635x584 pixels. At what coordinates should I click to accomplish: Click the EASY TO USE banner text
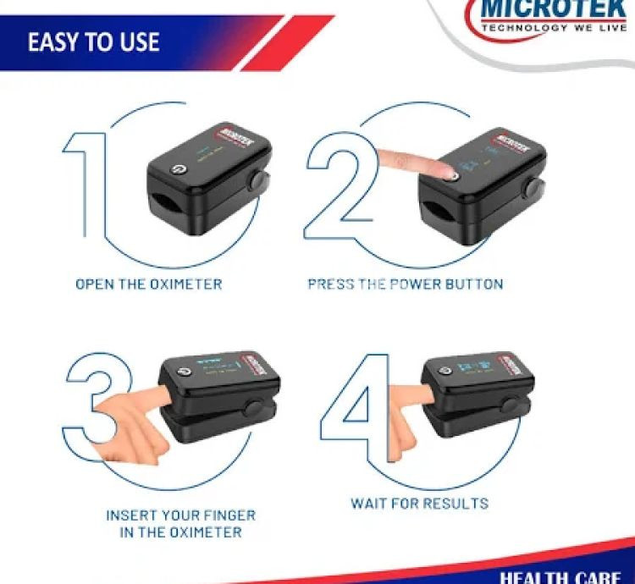[x=93, y=42]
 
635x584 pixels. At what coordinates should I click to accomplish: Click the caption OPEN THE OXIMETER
[x=149, y=284]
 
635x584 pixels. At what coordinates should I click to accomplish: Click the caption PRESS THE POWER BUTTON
[x=405, y=284]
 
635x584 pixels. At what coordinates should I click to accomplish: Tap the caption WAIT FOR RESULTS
[x=419, y=504]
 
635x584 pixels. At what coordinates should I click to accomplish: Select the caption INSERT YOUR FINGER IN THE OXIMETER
[x=180, y=524]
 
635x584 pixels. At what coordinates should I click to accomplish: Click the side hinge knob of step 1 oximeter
[x=255, y=180]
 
